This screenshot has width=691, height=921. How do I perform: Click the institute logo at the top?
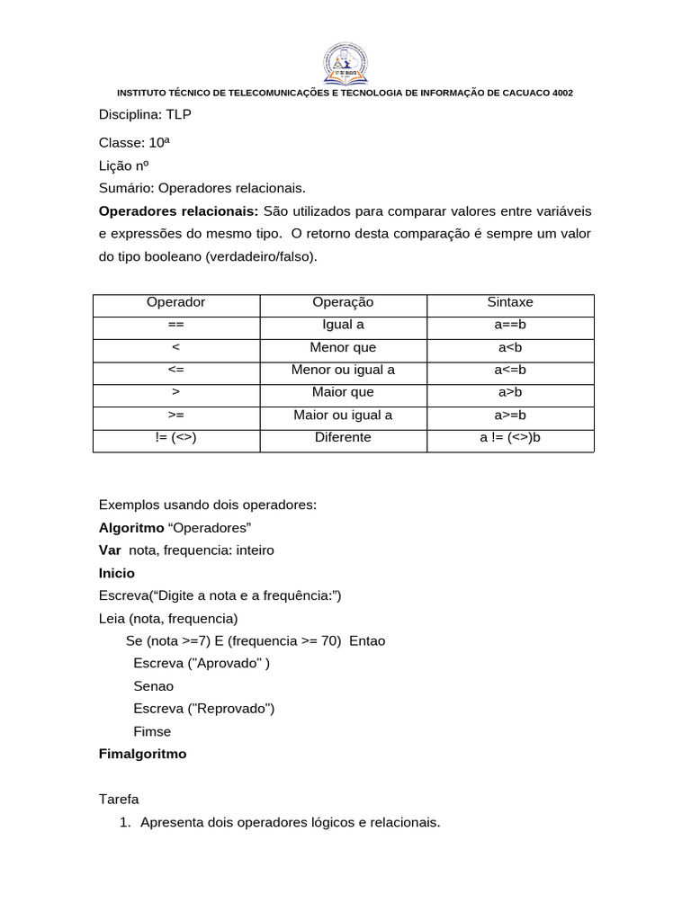pyautogui.click(x=345, y=62)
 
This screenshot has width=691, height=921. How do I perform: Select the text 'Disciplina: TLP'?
pyautogui.click(x=144, y=114)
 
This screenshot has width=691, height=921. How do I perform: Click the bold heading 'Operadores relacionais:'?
pyautogui.click(x=178, y=210)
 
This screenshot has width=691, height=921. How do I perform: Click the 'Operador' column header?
pyautogui.click(x=175, y=303)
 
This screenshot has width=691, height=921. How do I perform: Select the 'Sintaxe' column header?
pyautogui.click(x=510, y=303)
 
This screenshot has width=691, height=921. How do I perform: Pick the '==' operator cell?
pyautogui.click(x=175, y=325)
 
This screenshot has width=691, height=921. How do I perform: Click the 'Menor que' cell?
pyautogui.click(x=343, y=347)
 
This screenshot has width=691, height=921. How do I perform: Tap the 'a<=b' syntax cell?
pyautogui.click(x=510, y=370)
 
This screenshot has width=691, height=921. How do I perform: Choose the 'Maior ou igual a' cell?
pyautogui.click(x=343, y=415)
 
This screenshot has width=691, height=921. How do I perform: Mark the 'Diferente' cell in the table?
pyautogui.click(x=343, y=437)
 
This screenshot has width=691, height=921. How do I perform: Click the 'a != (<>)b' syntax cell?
pyautogui.click(x=510, y=437)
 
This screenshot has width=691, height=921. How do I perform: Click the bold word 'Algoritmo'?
pyautogui.click(x=131, y=527)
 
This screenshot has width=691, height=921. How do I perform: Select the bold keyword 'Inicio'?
pyautogui.click(x=116, y=573)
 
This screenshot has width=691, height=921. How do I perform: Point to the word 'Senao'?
pyautogui.click(x=153, y=686)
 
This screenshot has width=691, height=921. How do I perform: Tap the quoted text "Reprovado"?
pyautogui.click(x=230, y=709)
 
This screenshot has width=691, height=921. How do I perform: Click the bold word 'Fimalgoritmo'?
pyautogui.click(x=142, y=754)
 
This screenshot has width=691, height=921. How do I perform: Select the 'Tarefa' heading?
pyautogui.click(x=119, y=799)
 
